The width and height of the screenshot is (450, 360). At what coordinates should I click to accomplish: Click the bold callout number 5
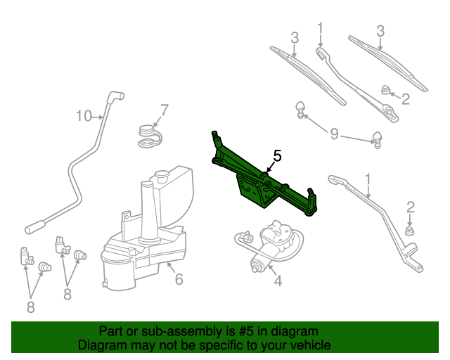[x=277, y=156]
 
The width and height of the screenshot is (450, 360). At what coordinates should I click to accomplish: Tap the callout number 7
[x=165, y=110]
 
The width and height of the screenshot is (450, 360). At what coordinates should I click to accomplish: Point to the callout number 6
[x=179, y=279]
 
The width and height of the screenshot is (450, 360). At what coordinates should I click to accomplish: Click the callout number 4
[x=278, y=281]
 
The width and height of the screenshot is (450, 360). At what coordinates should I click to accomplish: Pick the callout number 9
[x=335, y=133]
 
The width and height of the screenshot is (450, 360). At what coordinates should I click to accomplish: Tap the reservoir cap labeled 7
[x=148, y=134]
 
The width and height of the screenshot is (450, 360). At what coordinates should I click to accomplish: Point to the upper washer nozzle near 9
[x=301, y=108]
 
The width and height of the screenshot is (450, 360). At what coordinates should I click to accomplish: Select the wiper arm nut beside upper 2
[x=385, y=89]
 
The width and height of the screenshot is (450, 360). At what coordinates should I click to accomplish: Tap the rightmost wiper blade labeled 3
[x=389, y=63]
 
